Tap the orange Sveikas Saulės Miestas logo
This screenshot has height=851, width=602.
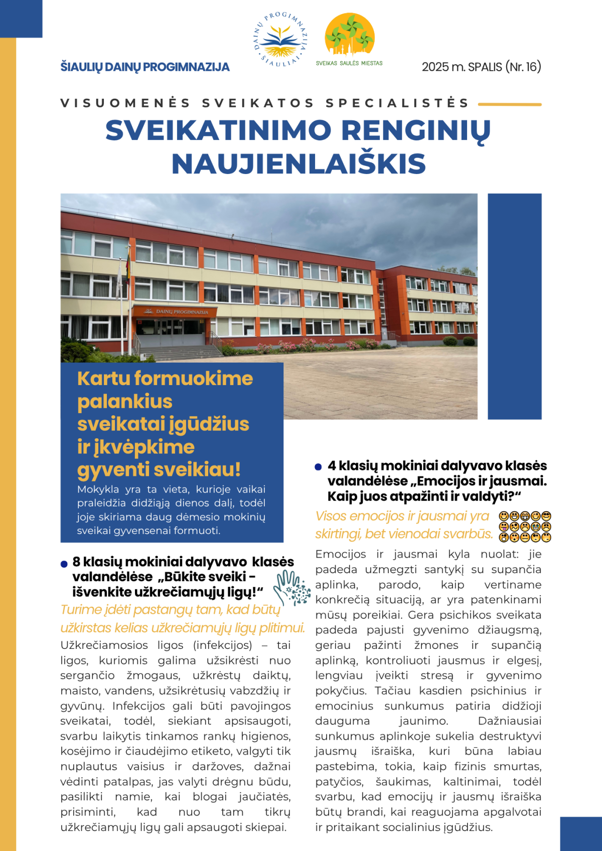pos(350,36)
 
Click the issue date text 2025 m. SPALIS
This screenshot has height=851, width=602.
pos(462,67)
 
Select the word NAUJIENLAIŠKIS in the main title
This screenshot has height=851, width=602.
pos(298,164)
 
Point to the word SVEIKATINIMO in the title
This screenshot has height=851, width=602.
pos(218,130)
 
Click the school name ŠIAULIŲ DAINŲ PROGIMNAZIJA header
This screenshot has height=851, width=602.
pos(145,67)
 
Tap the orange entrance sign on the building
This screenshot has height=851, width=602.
pos(176,311)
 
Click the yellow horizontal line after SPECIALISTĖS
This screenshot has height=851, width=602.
pos(510,104)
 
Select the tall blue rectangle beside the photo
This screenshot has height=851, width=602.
pos(515,306)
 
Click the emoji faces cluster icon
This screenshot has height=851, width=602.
pos(525,527)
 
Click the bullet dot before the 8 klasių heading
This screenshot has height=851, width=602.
pos(64,564)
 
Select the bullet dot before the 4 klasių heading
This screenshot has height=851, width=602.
pos(318,467)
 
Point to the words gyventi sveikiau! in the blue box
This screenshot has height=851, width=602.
pos(159,470)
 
